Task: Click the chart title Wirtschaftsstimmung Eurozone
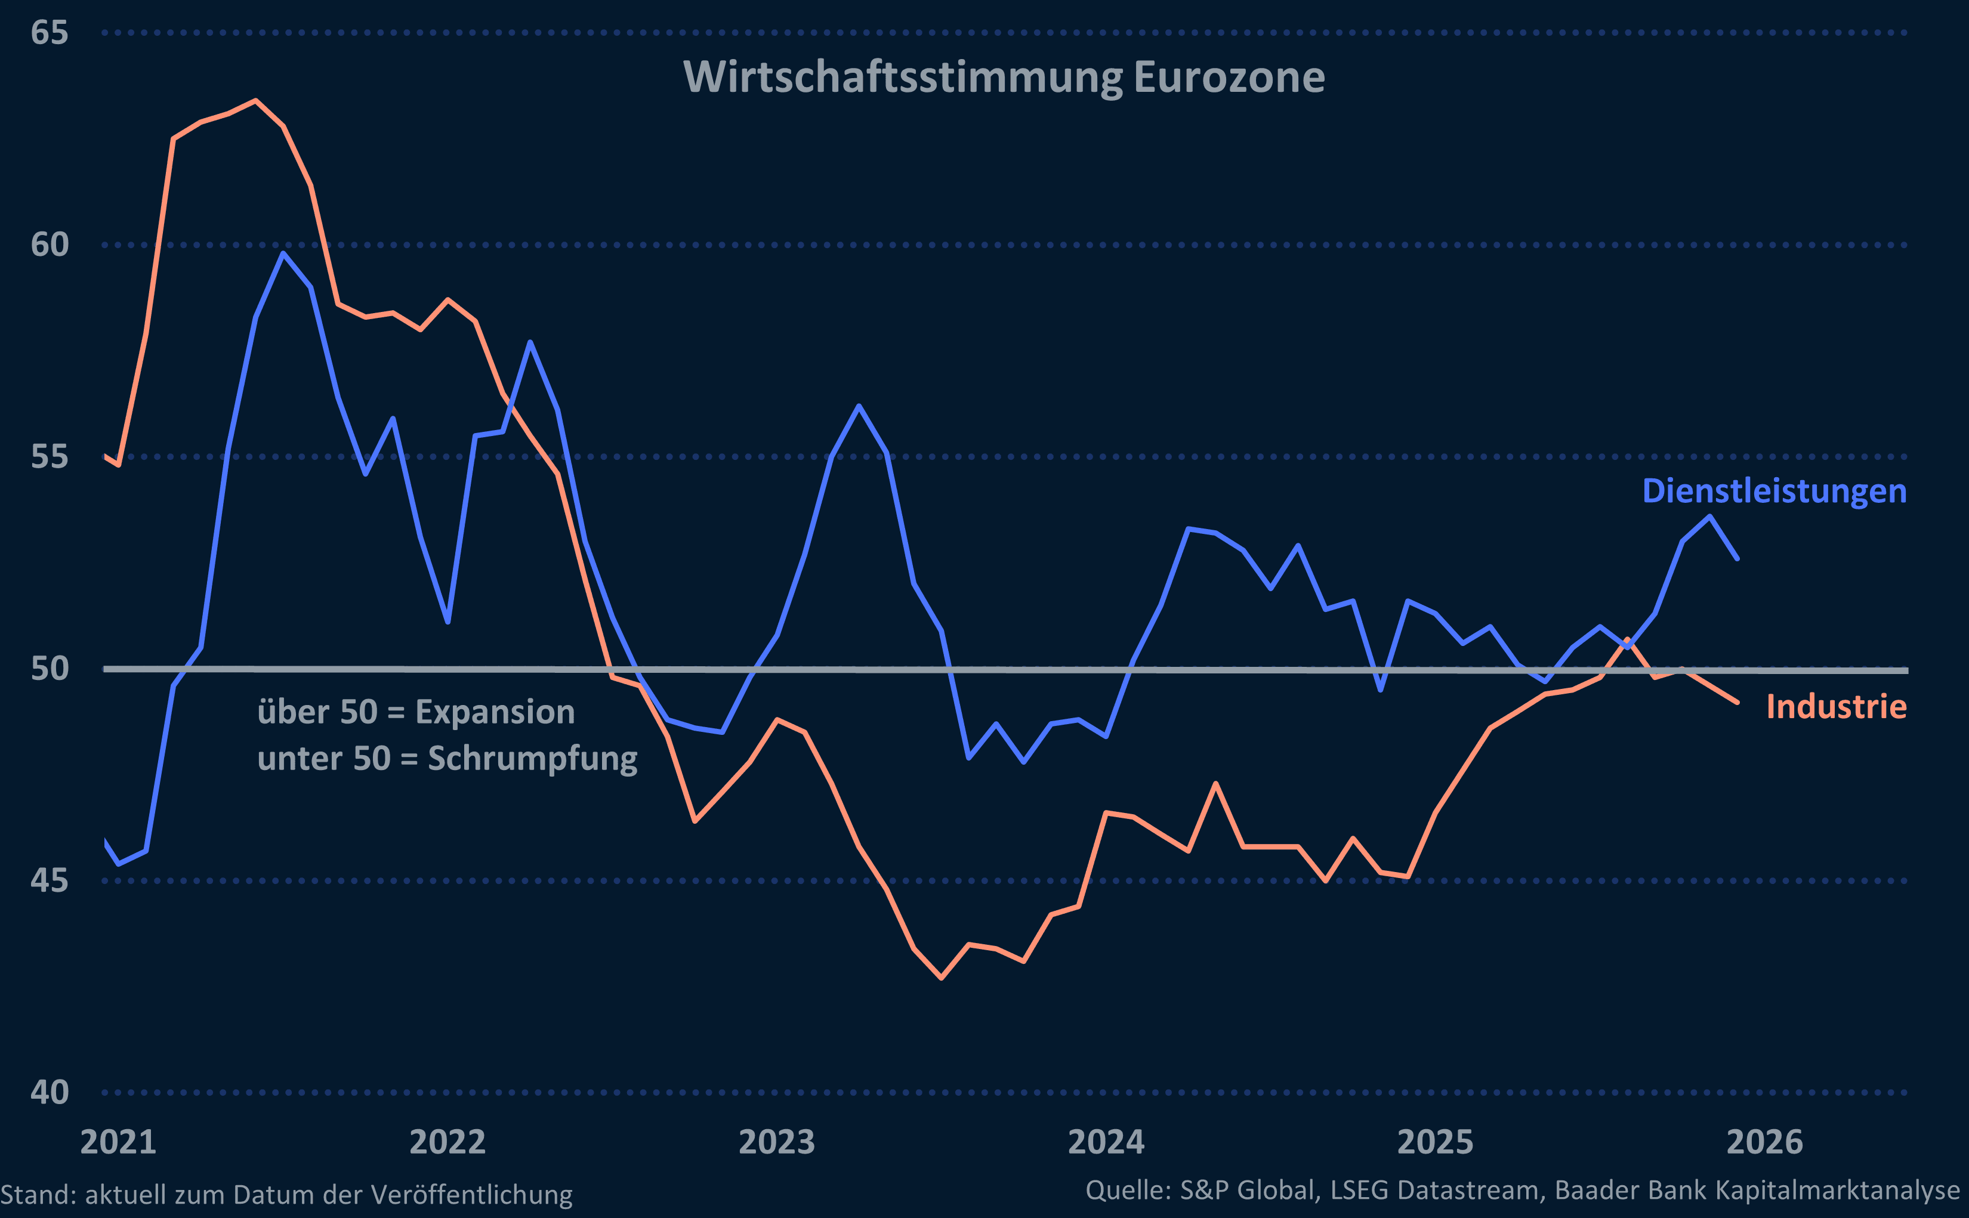pos(1004,78)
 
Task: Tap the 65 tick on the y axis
pos(49,33)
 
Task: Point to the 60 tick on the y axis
pos(49,245)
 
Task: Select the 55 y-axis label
pos(49,457)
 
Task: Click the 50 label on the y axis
pos(49,669)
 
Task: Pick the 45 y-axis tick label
pos(49,880)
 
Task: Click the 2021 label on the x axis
pos(118,1142)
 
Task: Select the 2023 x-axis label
pos(777,1142)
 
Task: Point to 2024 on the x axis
pos(1106,1142)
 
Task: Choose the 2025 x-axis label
pos(1435,1142)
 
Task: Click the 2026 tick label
pos(1764,1142)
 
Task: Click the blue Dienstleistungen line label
pos(1774,491)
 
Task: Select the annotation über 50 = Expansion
pos(416,712)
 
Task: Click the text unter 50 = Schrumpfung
pos(447,759)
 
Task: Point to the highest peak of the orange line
pos(255,101)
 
